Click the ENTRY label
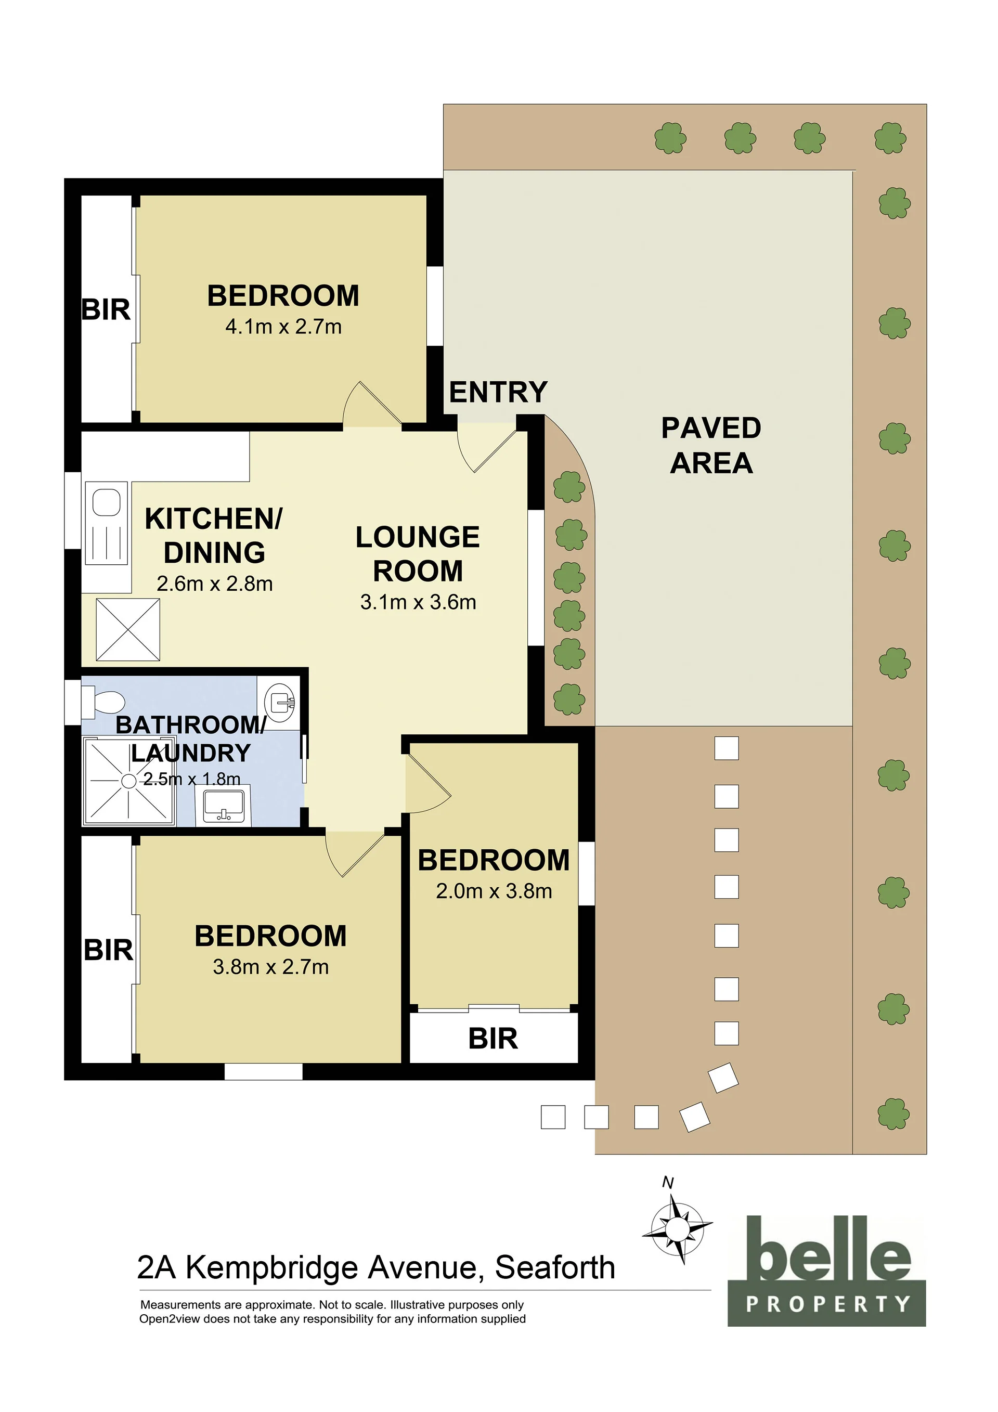(x=498, y=392)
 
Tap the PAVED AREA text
(x=711, y=445)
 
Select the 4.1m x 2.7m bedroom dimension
(x=283, y=327)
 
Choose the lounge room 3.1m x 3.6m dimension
(x=418, y=602)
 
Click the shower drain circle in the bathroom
(x=128, y=781)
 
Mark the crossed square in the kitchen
(x=128, y=630)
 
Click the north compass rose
(x=678, y=1229)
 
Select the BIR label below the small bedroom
(x=493, y=1039)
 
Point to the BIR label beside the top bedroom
(x=106, y=309)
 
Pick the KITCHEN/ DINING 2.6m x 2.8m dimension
(x=215, y=584)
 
